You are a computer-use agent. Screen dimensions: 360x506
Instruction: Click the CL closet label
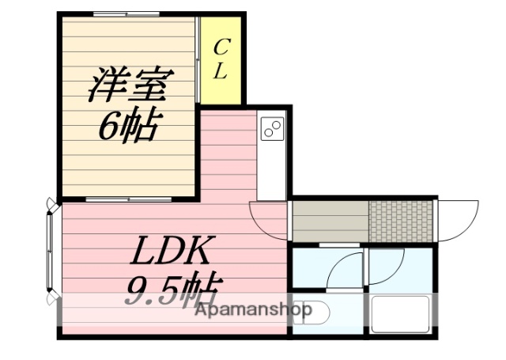[221, 59]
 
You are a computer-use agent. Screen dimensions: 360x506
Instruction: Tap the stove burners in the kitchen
[273, 127]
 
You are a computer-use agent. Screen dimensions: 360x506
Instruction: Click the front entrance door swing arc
[457, 222]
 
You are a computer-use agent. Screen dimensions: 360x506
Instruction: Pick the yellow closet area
[221, 59]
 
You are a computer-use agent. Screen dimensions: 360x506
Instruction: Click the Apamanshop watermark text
[253, 310]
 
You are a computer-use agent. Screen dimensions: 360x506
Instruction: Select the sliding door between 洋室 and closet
[197, 59]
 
